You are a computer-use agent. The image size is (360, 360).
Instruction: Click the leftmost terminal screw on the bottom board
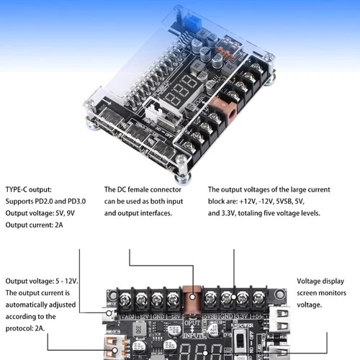click(118, 296)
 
